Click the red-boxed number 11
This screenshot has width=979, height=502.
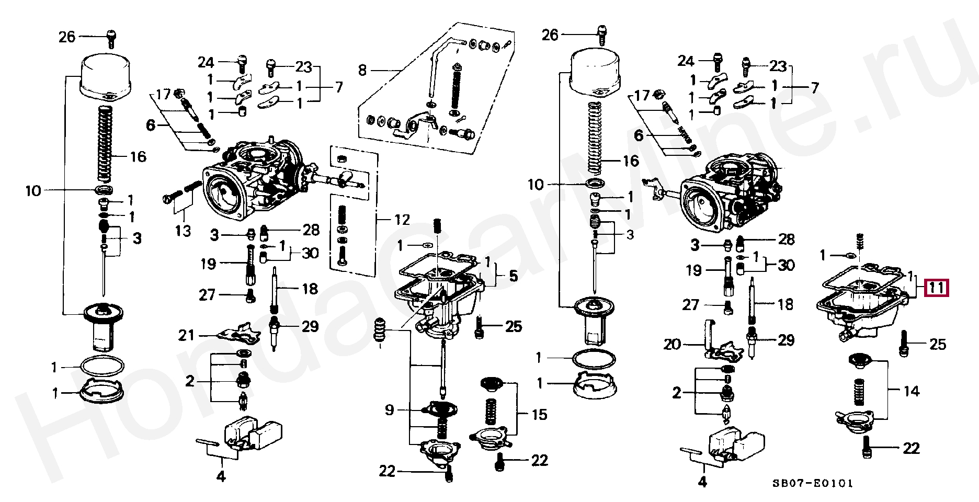tap(936, 288)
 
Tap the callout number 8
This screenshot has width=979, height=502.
tap(362, 70)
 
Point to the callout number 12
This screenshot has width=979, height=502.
tap(402, 220)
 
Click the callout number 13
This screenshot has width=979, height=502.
tap(183, 231)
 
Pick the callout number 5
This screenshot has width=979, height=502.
tap(513, 276)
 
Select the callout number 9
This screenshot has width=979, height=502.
tap(389, 409)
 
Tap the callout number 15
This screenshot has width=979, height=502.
tap(539, 415)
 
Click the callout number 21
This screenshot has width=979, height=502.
tap(186, 335)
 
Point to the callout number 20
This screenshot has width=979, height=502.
tap(672, 344)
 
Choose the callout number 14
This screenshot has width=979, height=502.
tap(911, 391)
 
